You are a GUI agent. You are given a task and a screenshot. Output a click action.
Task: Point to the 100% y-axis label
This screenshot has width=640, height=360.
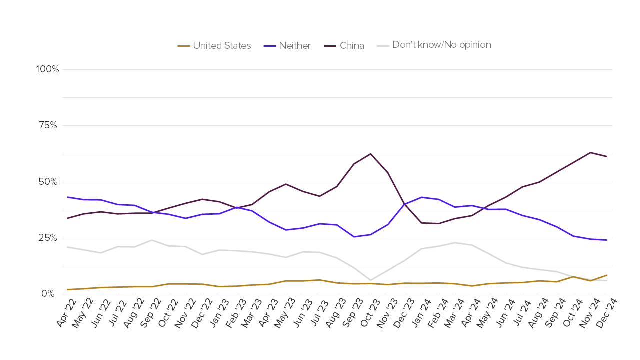point(47,69)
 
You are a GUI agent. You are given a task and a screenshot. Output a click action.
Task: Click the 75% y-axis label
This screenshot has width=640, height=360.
point(48,125)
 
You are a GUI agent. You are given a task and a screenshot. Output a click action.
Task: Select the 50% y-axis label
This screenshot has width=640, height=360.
point(48,181)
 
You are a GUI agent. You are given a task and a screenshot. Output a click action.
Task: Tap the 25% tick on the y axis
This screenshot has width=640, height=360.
point(48,237)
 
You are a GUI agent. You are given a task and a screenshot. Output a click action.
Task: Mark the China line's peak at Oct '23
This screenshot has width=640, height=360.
point(370,154)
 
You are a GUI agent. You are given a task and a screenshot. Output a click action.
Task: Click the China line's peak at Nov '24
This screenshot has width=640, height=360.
point(590,152)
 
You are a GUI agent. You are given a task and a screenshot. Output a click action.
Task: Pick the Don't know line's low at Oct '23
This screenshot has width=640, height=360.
point(370,280)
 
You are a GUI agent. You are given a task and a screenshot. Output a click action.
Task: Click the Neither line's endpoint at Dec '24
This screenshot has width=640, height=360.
point(607,240)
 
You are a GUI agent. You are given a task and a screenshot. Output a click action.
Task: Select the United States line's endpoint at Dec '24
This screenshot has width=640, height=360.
point(607,275)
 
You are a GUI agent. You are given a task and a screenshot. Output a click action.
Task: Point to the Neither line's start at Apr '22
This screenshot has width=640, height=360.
point(67,197)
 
